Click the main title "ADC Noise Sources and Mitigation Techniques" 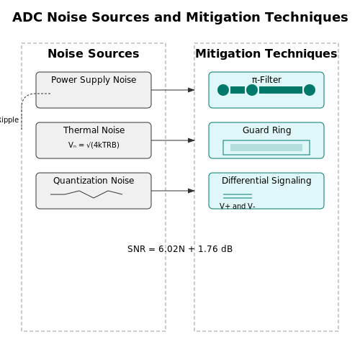(x=180, y=17)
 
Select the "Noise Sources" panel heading (x=94, y=53)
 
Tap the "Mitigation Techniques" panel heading (x=266, y=54)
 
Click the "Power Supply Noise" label (x=94, y=80)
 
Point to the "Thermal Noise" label (x=94, y=130)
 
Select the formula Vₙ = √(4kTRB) (x=94, y=145)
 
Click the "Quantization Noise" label (x=94, y=181)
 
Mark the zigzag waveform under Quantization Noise (x=86, y=194)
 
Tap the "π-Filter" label (x=266, y=80)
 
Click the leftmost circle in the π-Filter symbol (x=223, y=90)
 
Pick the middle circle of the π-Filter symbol (x=252, y=90)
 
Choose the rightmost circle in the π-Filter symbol (x=310, y=90)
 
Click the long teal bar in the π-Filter (x=281, y=90)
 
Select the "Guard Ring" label (x=266, y=130)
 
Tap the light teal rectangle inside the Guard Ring (x=266, y=148)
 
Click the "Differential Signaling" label (x=266, y=181)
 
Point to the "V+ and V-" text (x=237, y=206)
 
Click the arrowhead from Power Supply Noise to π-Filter (x=192, y=90)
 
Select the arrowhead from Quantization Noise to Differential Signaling (x=192, y=191)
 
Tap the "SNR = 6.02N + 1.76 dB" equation (x=180, y=249)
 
